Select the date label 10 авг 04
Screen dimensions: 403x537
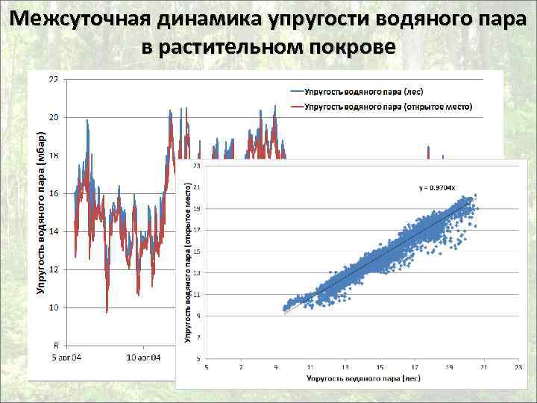point(142,357)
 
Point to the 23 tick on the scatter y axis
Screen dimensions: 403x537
point(196,166)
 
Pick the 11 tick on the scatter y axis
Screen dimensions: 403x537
point(196,296)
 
